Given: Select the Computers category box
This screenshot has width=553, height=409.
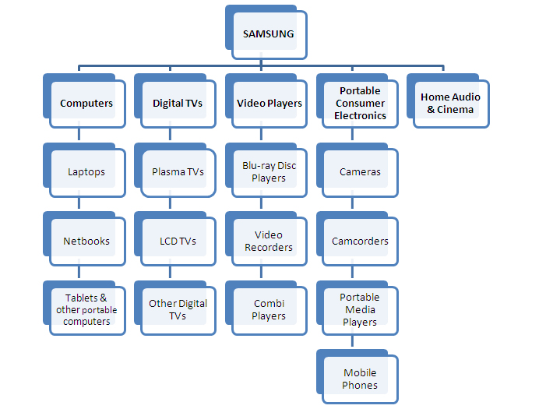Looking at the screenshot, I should click(x=86, y=104).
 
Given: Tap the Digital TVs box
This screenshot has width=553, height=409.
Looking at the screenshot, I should click(x=178, y=104).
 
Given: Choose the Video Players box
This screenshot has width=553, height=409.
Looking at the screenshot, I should click(x=269, y=104).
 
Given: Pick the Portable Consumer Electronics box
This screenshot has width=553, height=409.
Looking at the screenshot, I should click(x=360, y=104).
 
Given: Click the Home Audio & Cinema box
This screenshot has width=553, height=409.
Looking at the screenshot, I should click(x=450, y=104).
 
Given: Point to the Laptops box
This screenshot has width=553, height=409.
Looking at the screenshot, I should click(x=86, y=172).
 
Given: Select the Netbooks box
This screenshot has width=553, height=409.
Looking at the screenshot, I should click(x=86, y=241).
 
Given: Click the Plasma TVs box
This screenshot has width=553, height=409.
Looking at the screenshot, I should click(x=178, y=172).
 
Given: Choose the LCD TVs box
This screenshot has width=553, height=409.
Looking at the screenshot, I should click(x=178, y=241).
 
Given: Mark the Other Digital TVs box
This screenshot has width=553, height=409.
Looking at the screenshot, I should click(x=178, y=309).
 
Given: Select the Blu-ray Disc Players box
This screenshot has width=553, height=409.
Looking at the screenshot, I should click(x=269, y=172).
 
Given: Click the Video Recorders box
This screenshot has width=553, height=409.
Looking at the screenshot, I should click(x=269, y=241).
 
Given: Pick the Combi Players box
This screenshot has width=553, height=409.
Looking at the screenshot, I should click(x=269, y=309).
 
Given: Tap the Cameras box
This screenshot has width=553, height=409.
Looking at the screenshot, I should click(x=360, y=172).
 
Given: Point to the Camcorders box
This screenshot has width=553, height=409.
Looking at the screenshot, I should click(x=360, y=241).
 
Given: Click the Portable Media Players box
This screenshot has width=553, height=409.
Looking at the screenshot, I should click(x=360, y=309).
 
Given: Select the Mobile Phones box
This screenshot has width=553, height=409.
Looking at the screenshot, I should click(x=360, y=379).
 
